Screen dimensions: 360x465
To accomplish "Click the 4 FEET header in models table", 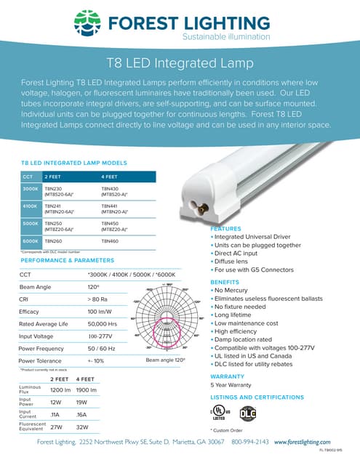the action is click(110, 177).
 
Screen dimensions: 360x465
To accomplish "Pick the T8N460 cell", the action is click(111, 240).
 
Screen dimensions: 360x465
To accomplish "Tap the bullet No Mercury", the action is click(233, 290).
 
